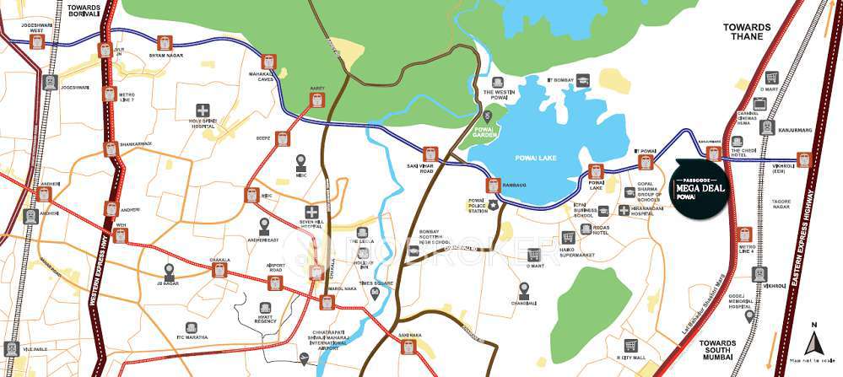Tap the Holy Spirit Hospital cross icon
click(203, 110)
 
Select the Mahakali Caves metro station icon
click(269, 62)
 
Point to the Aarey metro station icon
click(316, 100)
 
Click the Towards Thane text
click(747, 32)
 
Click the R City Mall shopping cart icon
click(630, 346)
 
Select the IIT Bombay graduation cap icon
click(586, 80)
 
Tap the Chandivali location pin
click(524, 289)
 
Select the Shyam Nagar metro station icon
click(164, 43)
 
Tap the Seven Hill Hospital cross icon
click(312, 212)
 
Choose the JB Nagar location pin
click(170, 270)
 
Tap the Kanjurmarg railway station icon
click(766, 127)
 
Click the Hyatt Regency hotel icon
click(267, 309)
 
